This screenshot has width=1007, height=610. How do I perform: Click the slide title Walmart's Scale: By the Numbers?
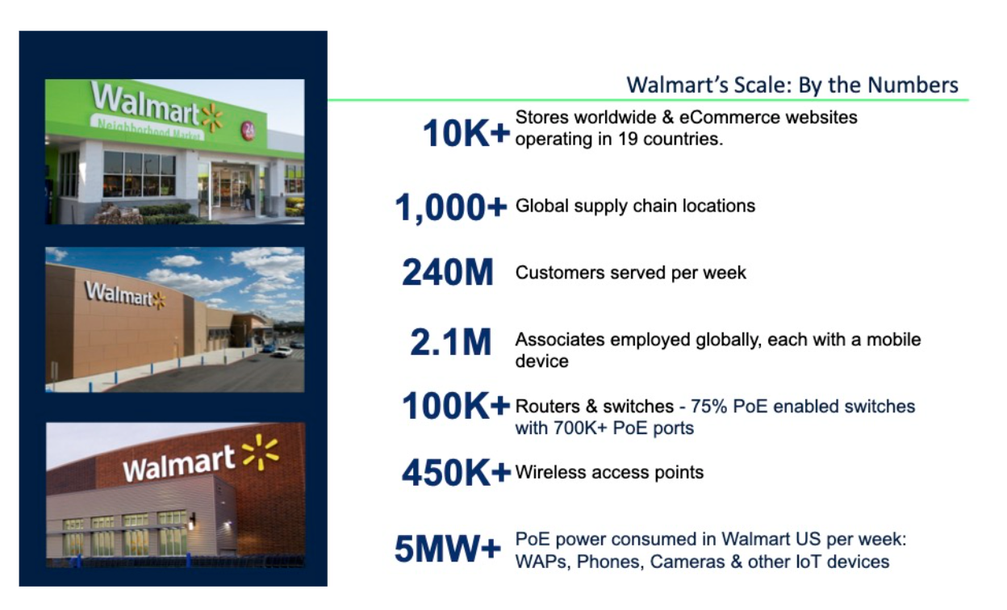coord(792,85)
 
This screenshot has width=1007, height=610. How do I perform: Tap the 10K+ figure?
coord(466,133)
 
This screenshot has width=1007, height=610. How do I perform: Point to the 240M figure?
coord(447,274)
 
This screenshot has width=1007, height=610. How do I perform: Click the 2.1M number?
coord(450,343)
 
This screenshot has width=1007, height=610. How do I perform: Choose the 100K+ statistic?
coord(456,407)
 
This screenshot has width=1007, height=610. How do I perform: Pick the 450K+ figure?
coord(456,473)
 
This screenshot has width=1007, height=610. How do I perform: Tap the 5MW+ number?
coord(448,550)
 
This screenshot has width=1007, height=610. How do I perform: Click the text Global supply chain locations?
coord(635,206)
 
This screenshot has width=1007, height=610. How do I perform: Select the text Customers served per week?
coord(630,273)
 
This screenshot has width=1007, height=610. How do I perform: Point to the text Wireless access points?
coord(609,472)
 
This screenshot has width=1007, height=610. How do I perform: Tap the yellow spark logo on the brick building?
coord(260,452)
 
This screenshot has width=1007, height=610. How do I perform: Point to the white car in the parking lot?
coord(282,351)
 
